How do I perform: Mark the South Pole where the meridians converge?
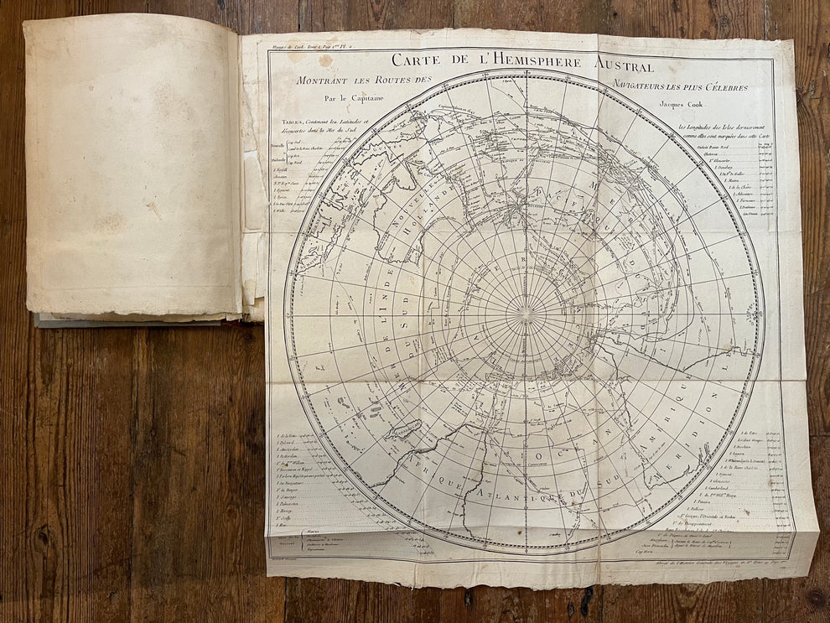tap(525, 312)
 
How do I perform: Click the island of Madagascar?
tap(408, 434)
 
